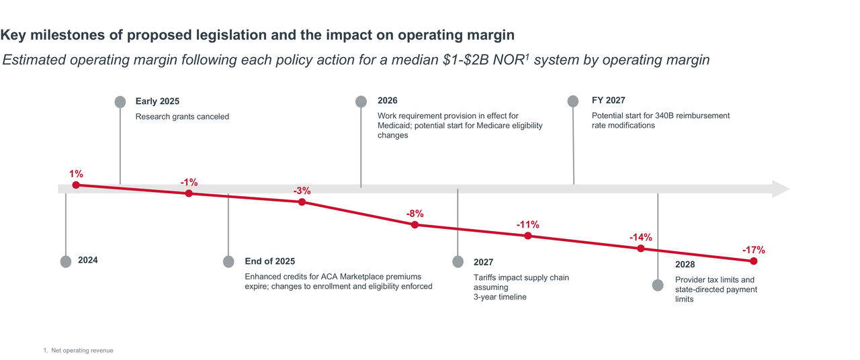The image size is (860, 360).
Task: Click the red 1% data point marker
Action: (76, 185)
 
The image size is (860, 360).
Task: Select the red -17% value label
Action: (753, 250)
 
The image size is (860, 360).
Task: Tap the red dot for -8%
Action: (415, 224)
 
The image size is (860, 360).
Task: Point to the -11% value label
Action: (527, 224)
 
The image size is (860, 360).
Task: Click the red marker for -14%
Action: (640, 249)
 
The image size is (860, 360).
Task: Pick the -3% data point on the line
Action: (302, 201)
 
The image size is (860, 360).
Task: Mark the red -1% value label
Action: (189, 182)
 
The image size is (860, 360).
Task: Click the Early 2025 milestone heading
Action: (157, 101)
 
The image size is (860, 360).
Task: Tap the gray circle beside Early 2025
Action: (120, 101)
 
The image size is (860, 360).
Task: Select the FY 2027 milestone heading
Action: (608, 101)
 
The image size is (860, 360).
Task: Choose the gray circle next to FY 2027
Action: (572, 101)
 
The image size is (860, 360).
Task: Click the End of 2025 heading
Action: (269, 261)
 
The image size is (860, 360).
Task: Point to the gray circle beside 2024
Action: (65, 261)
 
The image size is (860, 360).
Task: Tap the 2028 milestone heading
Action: (685, 265)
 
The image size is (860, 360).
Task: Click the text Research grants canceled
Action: (182, 117)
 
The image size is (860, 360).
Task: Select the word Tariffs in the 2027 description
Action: (485, 278)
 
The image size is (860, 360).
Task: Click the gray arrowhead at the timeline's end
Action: (781, 189)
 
